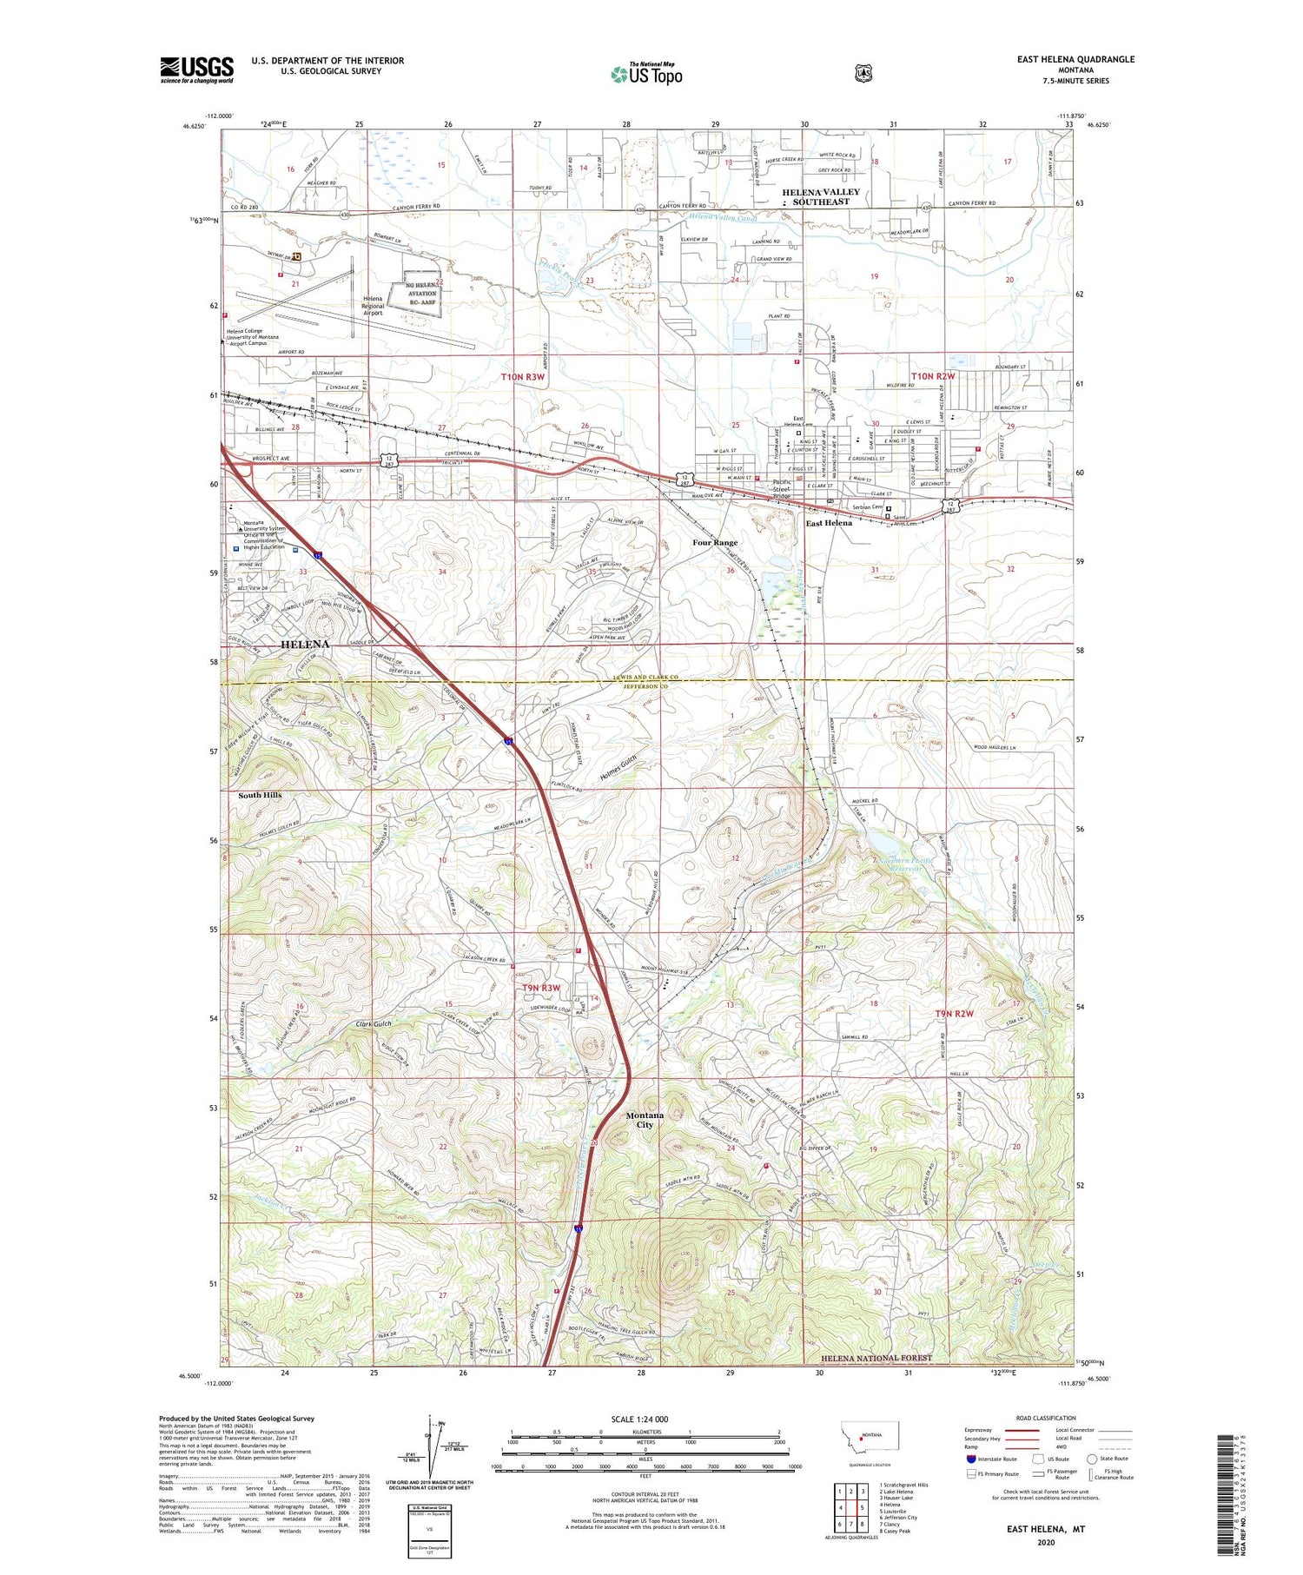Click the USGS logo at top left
(x=196, y=69)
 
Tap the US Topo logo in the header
(x=646, y=74)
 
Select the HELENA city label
(x=305, y=645)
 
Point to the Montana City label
(x=645, y=1120)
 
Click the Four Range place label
(x=714, y=543)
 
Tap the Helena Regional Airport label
(x=373, y=306)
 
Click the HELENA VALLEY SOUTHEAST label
(x=820, y=196)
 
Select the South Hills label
(x=260, y=795)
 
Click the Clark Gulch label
(x=375, y=1024)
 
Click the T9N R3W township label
(x=540, y=989)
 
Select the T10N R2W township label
(x=933, y=376)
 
